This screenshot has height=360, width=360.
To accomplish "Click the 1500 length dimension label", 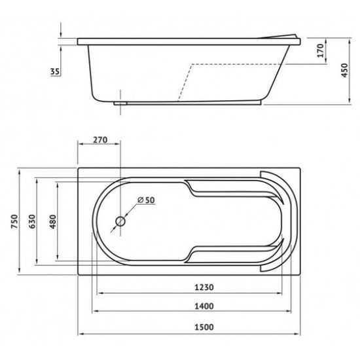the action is [x=204, y=327].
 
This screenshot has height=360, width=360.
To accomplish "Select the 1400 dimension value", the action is [x=204, y=306].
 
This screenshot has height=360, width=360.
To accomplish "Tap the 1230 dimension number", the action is [x=204, y=287].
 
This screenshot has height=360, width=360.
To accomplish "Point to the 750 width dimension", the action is [x=14, y=221].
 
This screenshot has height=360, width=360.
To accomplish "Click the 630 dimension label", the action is [x=32, y=221].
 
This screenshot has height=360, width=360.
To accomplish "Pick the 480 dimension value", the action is [x=53, y=221].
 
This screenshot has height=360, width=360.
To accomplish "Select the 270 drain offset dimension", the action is [x=100, y=139].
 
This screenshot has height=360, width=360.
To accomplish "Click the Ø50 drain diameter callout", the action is [x=146, y=200].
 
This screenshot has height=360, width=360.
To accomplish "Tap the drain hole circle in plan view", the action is [x=120, y=221].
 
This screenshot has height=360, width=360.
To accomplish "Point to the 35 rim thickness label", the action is [x=55, y=71].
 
